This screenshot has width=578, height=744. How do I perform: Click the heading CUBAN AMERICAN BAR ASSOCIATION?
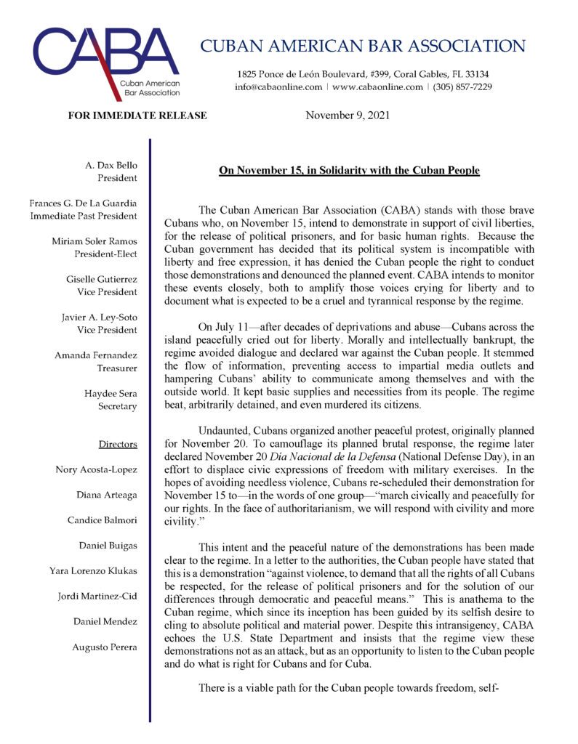click(x=362, y=46)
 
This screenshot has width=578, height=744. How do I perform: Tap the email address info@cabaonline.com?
click(x=278, y=87)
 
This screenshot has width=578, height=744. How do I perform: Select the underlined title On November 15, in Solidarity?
click(x=349, y=171)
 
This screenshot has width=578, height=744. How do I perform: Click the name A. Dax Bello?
click(x=111, y=166)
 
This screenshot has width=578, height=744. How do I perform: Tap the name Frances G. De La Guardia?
click(x=84, y=203)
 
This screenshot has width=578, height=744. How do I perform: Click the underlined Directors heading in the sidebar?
click(x=117, y=443)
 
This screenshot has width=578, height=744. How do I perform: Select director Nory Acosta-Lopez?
click(x=97, y=469)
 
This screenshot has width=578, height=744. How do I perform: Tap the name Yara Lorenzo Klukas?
click(x=92, y=570)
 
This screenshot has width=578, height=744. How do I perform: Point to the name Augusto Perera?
click(x=104, y=647)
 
